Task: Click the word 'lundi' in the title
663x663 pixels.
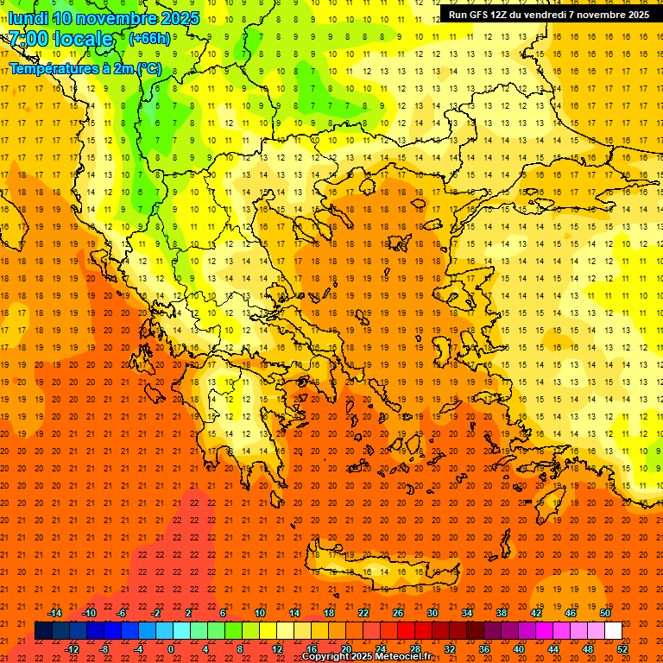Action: click(28, 18)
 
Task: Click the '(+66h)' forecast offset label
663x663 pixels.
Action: click(149, 39)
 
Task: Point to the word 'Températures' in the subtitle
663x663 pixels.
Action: click(50, 67)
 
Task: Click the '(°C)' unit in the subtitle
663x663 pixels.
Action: click(148, 67)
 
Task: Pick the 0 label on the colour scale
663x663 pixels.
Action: click(171, 648)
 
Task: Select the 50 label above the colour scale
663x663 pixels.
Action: click(606, 613)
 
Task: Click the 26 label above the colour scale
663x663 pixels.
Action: click(398, 613)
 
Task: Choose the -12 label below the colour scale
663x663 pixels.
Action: click(72, 648)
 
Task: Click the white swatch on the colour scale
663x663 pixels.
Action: click(613, 630)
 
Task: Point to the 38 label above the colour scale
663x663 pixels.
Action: click(502, 613)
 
